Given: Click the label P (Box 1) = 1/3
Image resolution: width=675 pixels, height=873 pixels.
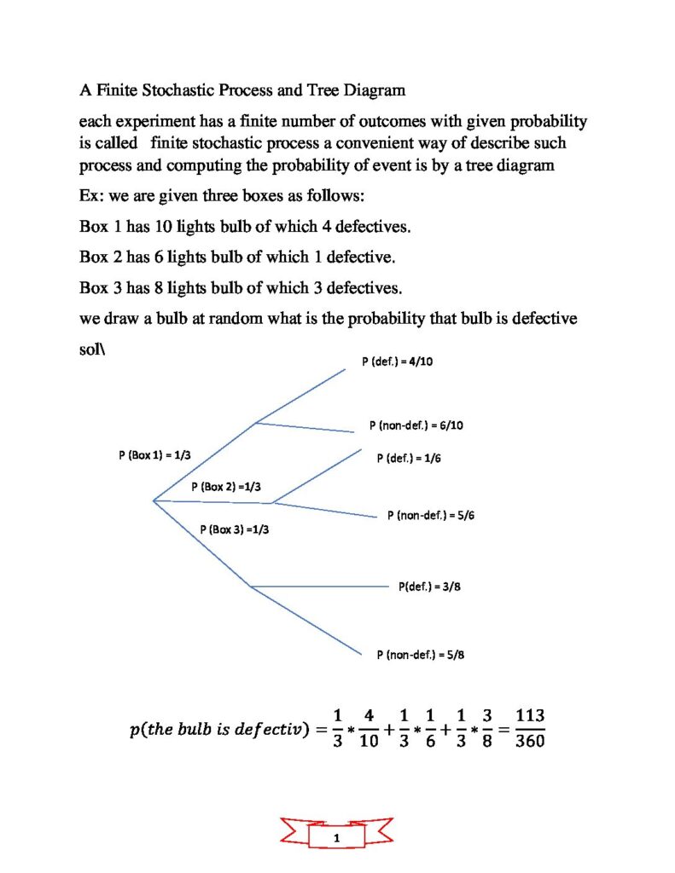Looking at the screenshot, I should click(154, 455).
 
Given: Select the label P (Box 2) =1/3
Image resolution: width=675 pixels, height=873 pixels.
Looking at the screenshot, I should click(226, 486).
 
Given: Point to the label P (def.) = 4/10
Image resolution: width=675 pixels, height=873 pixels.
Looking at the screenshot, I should click(397, 361).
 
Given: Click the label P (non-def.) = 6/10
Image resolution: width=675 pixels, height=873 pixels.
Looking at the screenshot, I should click(416, 425).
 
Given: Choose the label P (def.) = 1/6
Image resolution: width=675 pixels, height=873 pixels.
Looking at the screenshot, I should click(409, 458).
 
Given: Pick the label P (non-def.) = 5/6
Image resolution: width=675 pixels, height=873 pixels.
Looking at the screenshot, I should click(430, 515).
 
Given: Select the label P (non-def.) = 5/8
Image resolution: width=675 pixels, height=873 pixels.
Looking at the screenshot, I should click(420, 655).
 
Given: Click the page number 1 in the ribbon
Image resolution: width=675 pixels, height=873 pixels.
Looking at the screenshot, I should click(338, 839).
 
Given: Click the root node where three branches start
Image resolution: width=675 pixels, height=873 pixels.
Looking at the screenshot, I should click(153, 500).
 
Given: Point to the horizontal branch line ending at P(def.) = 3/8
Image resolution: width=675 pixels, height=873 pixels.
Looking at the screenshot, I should click(320, 587).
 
